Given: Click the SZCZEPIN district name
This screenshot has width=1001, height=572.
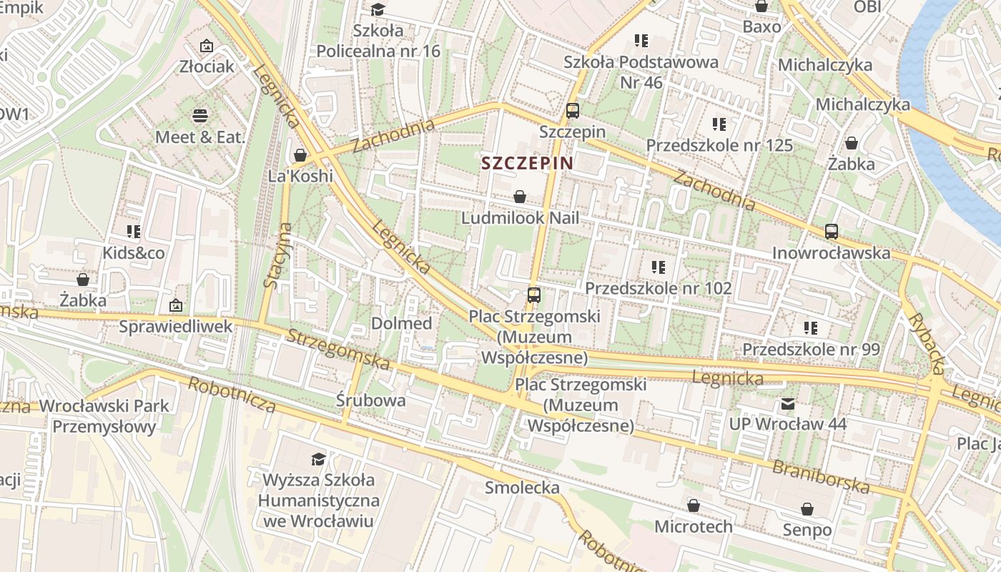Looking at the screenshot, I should pos(527,163).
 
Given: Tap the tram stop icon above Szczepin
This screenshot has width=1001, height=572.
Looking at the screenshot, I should pos(572,111).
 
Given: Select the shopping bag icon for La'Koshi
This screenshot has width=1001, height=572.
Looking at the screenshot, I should pos(300,155).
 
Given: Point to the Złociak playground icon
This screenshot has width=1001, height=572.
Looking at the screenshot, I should pos(207,46).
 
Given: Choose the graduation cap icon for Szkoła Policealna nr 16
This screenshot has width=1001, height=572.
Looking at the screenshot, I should pos(378,9).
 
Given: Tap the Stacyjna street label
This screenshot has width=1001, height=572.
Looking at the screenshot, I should pos(277,256).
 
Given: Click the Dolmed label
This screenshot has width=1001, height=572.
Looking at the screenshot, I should pos(401,323).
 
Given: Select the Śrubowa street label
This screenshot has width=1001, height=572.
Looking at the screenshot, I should pos(370,400).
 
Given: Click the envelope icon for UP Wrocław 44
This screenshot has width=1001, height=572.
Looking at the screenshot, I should pos(787,404).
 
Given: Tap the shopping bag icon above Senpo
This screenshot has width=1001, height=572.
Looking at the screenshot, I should pos(807,509).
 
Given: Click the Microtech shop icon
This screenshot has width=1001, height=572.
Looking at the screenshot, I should pos(693,506).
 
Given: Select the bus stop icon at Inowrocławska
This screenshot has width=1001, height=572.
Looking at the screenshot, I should pos(831,232).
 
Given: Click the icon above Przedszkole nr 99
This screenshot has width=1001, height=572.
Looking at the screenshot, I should pos(810,328).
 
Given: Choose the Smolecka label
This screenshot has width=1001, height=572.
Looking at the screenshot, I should pos(522,488).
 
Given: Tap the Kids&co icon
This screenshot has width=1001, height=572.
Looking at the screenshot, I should pos(133,232).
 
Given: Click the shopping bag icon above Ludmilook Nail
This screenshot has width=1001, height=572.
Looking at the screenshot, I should pos(520,197).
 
